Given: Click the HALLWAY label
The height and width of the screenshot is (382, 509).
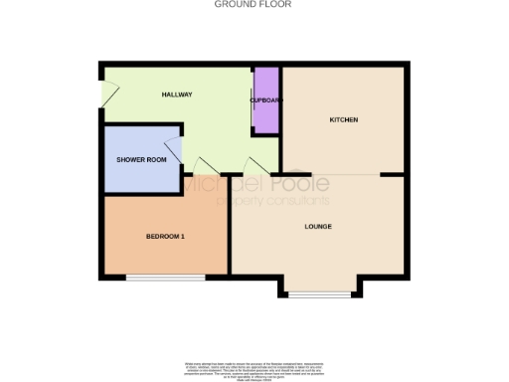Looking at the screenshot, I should pos(177,95).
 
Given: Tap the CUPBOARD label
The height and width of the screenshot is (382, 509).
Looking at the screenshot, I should pos(266,100).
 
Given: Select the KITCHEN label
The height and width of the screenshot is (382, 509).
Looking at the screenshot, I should pos(343,120).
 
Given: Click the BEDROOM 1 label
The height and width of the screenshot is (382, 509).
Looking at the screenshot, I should pos(165,236).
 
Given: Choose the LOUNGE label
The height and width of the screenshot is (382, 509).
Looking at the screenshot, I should pos(317,227).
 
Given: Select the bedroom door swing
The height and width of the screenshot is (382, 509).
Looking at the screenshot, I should pos(206,166).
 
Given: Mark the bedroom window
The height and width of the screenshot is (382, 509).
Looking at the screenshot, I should pos(165,276).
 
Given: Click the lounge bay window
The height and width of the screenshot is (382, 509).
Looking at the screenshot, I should pos(319,294).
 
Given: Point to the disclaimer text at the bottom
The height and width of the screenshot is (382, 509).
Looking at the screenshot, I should pos(254,365).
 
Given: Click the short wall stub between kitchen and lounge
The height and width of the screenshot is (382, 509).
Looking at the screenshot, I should pos(392,175).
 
